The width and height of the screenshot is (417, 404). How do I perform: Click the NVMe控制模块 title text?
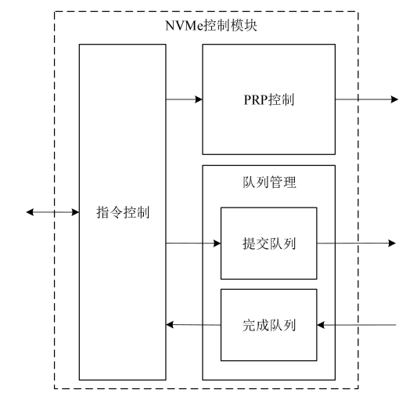click(x=208, y=27)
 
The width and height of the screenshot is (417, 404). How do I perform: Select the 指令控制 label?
click(x=123, y=211)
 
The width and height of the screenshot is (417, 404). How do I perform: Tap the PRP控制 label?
click(x=269, y=99)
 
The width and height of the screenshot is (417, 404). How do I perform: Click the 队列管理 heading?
click(x=269, y=182)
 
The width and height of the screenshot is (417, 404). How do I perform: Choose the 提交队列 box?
click(x=268, y=243)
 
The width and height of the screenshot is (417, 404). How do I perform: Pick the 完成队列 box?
click(x=268, y=323)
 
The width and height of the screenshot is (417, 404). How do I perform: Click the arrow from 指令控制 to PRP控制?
click(x=184, y=99)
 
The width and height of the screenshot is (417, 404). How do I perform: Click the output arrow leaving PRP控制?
click(x=367, y=99)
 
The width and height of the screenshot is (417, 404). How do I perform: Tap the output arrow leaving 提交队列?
click(x=356, y=243)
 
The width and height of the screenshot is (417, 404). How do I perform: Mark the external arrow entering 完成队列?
click(x=359, y=324)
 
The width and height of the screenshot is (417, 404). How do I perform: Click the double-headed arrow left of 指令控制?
click(x=52, y=211)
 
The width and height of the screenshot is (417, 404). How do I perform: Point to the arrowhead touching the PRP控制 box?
click(x=199, y=99)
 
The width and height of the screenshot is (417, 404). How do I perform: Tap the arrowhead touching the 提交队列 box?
click(x=217, y=243)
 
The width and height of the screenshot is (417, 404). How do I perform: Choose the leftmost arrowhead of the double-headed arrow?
click(x=30, y=211)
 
